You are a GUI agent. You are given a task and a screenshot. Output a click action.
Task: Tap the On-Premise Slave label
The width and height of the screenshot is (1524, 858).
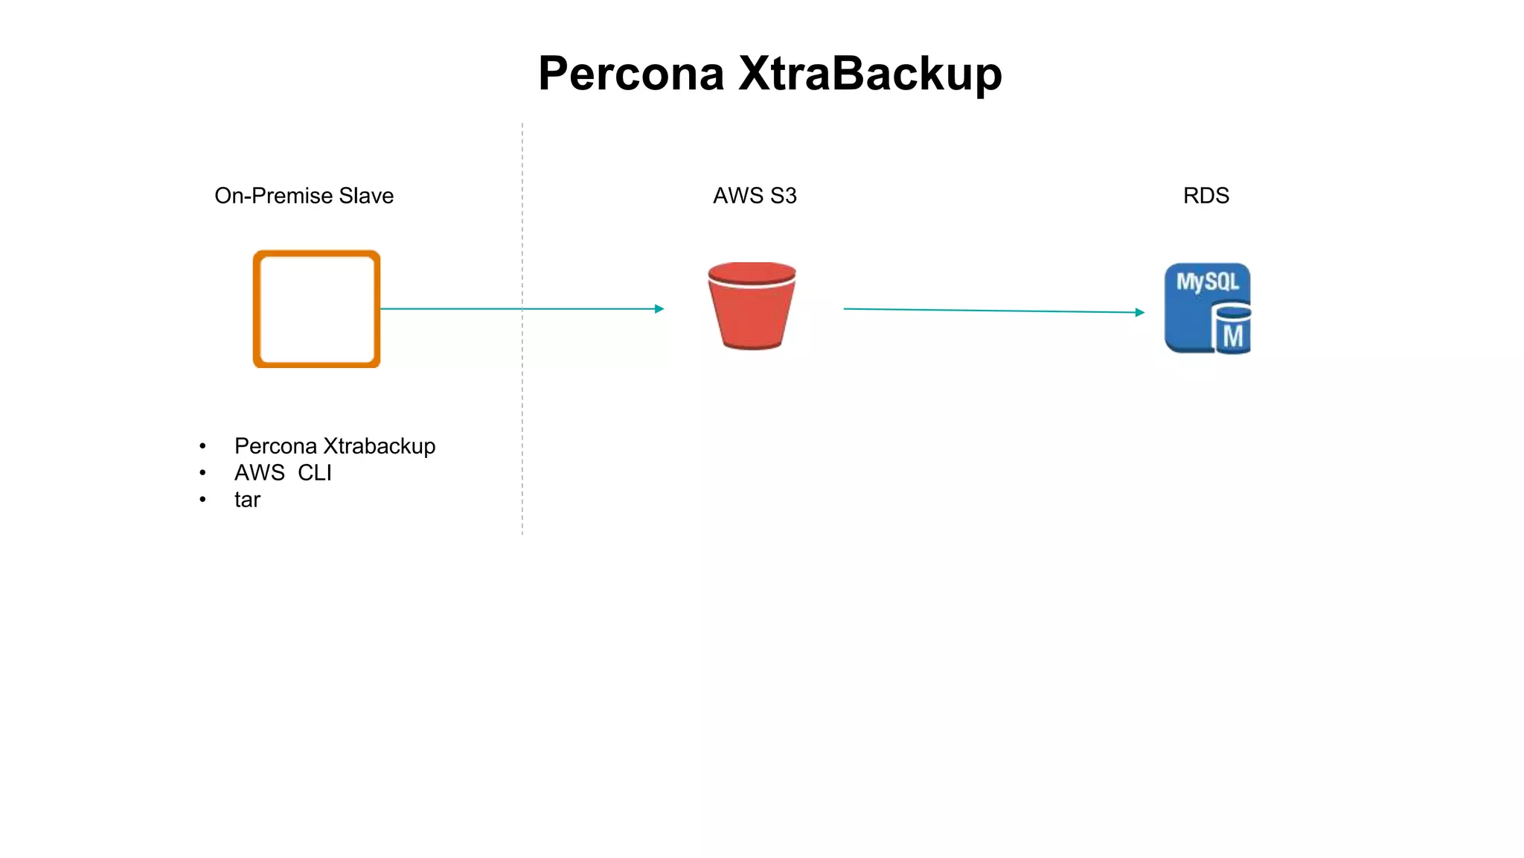click(x=304, y=195)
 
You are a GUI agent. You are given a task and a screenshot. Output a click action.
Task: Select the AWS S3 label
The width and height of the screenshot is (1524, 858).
click(x=755, y=195)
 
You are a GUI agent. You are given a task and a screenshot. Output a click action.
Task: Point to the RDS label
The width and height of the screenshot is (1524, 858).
click(x=1206, y=195)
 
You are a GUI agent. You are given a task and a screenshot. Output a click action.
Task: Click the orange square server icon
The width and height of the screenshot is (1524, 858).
click(x=317, y=308)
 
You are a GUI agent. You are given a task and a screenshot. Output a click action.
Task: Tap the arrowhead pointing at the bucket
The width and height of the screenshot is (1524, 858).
click(x=659, y=308)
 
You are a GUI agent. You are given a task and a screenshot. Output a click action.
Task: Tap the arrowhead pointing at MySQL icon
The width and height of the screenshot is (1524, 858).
click(x=1140, y=312)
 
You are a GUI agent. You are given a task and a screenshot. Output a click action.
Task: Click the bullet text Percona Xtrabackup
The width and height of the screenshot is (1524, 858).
click(x=335, y=445)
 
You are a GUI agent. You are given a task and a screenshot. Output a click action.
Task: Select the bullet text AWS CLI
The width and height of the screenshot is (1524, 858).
click(x=283, y=472)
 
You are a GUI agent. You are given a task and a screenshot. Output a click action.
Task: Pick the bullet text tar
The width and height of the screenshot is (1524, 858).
click(x=247, y=499)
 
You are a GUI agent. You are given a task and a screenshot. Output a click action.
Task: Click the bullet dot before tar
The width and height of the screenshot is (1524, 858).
click(x=202, y=499)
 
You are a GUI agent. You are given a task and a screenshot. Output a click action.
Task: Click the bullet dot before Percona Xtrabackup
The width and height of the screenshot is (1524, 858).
click(x=202, y=446)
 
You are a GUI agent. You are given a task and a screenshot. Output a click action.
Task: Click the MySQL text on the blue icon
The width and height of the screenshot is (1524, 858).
click(x=1207, y=282)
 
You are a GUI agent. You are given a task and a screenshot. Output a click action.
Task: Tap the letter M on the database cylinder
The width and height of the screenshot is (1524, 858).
click(x=1233, y=337)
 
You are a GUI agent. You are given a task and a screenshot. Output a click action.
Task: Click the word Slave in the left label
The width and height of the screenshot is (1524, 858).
click(x=366, y=195)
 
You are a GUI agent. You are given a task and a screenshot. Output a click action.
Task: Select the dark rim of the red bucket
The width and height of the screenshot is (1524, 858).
click(x=752, y=272)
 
